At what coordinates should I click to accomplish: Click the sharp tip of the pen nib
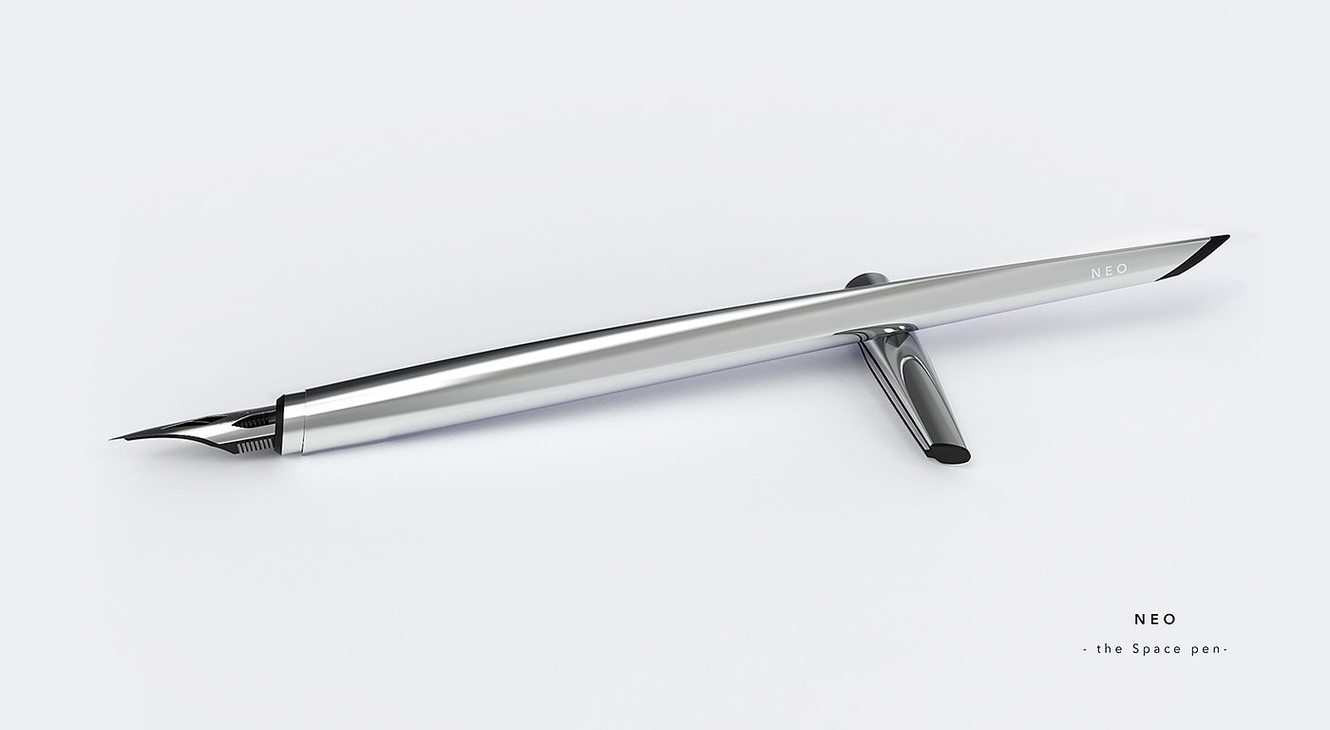click(110, 439)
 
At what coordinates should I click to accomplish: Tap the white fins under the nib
click(256, 446)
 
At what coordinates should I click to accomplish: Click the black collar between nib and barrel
click(279, 425)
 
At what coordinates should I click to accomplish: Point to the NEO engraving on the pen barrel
click(1110, 270)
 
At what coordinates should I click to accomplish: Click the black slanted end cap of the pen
click(1192, 258)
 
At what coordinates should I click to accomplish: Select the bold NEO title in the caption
click(1155, 620)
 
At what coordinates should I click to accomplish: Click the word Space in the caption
click(1157, 648)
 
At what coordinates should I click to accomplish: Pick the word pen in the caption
click(1205, 650)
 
